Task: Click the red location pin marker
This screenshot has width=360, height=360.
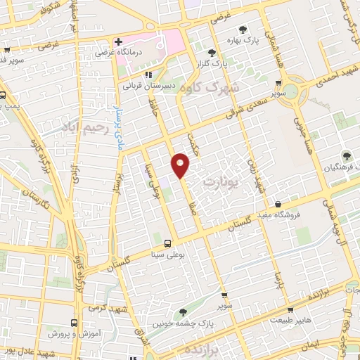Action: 181,165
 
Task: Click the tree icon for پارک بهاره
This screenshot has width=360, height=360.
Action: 243,30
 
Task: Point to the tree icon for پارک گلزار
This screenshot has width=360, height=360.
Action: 212,52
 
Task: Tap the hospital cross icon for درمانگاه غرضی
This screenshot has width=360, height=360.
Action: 120,41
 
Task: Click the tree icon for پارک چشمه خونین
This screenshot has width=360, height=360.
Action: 184,312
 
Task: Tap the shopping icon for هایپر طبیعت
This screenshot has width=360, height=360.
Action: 290,309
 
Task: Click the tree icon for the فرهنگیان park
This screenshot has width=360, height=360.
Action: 345,155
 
